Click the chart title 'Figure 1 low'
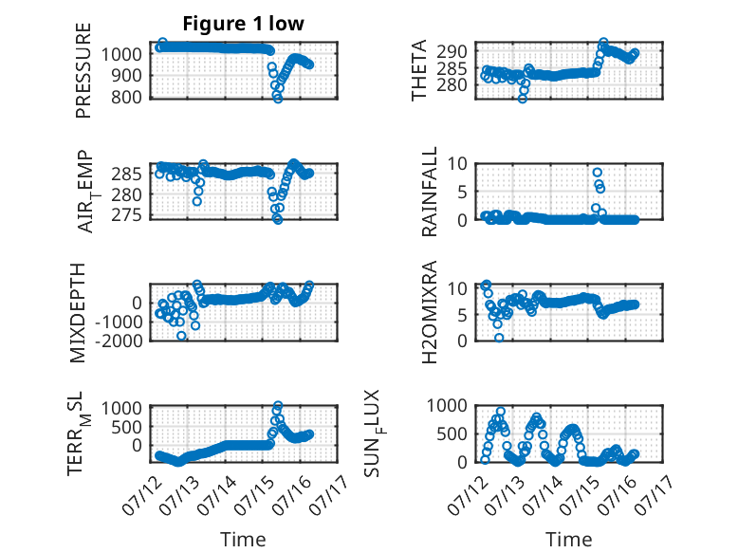pyautogui.click(x=244, y=24)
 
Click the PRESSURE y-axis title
pyautogui.click(x=83, y=70)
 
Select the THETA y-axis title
pyautogui.click(x=418, y=70)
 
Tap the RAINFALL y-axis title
pyautogui.click(x=430, y=192)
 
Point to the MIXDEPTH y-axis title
pyautogui.click(x=78, y=313)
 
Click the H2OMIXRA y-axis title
pyautogui.click(x=430, y=312)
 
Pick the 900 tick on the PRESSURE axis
pyautogui.click(x=127, y=75)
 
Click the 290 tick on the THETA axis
pyautogui.click(x=452, y=51)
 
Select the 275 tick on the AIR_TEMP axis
pyautogui.click(x=127, y=215)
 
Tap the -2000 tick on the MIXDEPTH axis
pyautogui.click(x=120, y=341)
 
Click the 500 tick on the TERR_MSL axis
pyautogui.click(x=127, y=427)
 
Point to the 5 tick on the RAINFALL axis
pyautogui.click(x=462, y=192)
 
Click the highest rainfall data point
pyautogui.click(x=598, y=173)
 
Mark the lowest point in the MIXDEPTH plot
pyautogui.click(x=181, y=336)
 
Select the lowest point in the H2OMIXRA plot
pyautogui.click(x=499, y=338)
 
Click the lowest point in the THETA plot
pyautogui.click(x=523, y=99)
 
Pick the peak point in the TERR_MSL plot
pyautogui.click(x=278, y=405)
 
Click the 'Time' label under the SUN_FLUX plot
pyautogui.click(x=568, y=540)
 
